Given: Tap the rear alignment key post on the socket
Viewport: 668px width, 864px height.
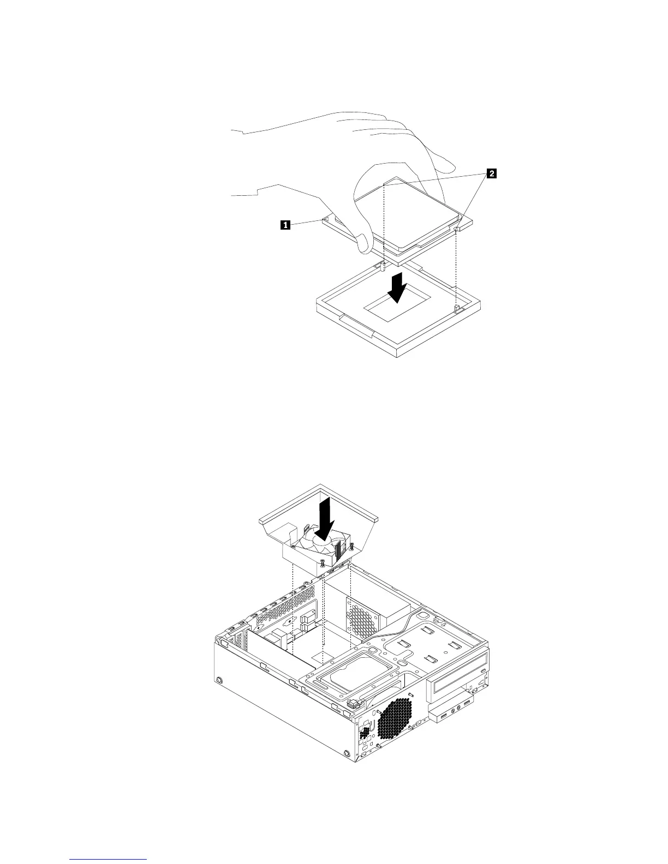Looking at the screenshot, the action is point(384,267).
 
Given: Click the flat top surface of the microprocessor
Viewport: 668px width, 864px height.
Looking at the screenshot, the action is point(404,205).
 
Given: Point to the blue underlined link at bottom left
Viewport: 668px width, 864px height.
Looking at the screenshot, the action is point(109,860).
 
